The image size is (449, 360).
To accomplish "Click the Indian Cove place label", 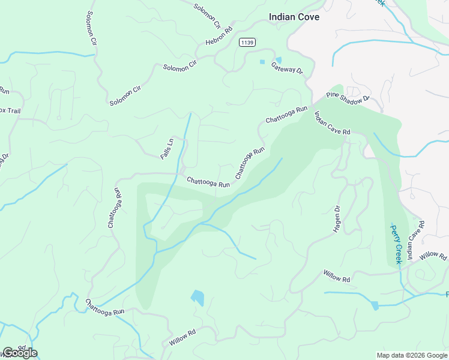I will point(294,17).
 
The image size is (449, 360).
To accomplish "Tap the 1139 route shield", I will point(247,42).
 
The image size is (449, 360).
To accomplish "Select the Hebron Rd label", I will point(218,37).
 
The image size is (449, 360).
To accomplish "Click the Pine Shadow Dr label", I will point(349,98).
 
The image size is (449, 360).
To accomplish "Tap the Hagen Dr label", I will point(337,220).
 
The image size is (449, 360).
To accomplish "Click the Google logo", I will point(19,352).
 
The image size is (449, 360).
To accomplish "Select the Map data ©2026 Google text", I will point(411,355).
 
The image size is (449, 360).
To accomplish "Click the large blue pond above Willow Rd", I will point(197,298).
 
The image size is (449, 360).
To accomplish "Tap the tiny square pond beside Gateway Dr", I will point(262,62).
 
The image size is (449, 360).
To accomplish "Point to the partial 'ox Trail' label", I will point(10,110).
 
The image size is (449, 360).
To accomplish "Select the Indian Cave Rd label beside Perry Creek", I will point(416,240).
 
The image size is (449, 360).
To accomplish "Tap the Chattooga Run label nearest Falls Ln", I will point(208,182).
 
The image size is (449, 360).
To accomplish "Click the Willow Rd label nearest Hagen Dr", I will point(336,277).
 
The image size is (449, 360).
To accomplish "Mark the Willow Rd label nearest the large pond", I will point(182,338).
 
